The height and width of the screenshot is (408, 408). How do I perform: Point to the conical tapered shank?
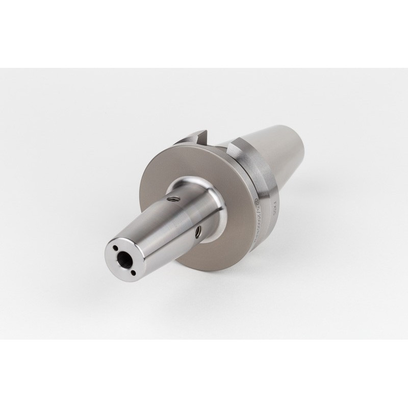tap(286, 153)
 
